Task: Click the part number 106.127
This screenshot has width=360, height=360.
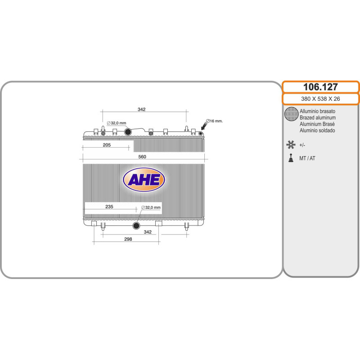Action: (x=320, y=87)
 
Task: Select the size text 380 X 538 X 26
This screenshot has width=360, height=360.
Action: (x=320, y=99)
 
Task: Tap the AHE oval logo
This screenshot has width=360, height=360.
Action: (x=144, y=180)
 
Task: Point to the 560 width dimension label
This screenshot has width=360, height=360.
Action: (x=142, y=157)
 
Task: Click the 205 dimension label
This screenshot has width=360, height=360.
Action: (x=107, y=145)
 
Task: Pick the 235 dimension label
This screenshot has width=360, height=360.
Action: (x=109, y=207)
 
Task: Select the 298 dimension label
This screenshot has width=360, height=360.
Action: (x=128, y=239)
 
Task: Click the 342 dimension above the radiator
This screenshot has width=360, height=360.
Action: (x=142, y=109)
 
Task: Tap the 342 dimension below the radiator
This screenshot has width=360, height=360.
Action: (x=148, y=232)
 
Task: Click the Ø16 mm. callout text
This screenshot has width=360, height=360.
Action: (x=214, y=121)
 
